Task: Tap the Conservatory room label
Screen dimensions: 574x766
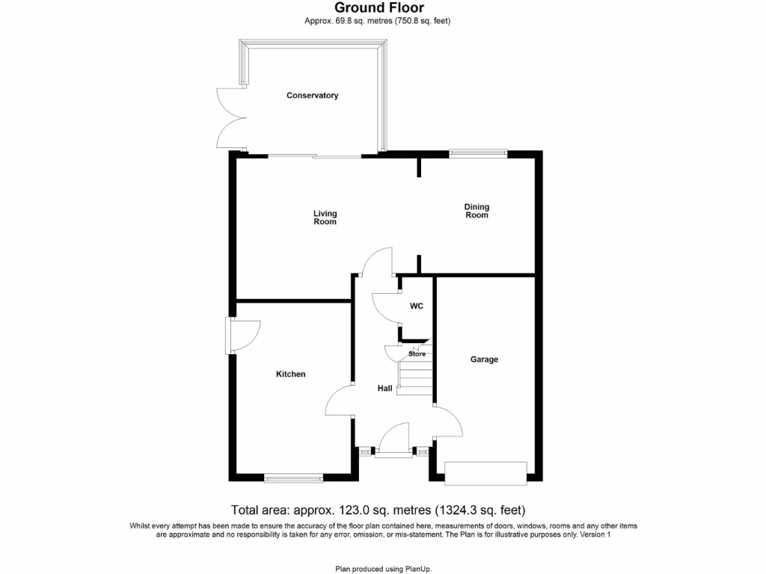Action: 313,96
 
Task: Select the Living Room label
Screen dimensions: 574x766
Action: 325,217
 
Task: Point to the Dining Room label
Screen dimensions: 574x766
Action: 477,211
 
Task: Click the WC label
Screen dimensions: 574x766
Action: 417,306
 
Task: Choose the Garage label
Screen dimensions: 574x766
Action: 484,359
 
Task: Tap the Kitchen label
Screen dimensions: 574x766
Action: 290,374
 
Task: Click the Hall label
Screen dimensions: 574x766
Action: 384,389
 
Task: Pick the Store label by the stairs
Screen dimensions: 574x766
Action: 417,354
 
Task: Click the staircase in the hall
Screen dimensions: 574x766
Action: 416,374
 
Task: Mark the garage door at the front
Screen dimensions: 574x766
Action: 485,472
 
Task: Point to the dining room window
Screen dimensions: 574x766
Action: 478,154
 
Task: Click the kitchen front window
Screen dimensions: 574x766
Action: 293,477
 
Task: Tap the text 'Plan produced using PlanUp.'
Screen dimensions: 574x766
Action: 382,569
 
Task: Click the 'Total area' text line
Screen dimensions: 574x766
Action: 378,511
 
